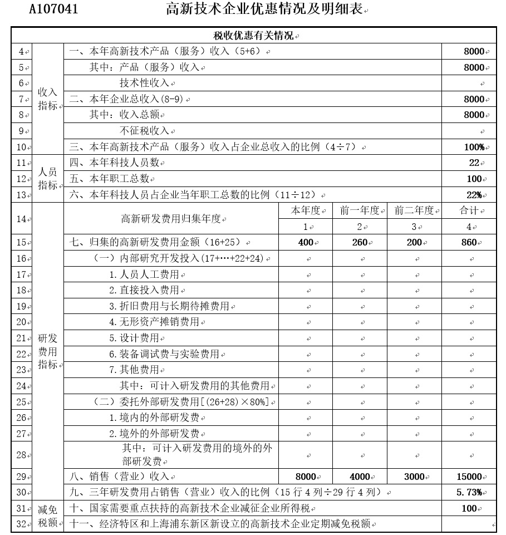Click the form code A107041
(x=53, y=9)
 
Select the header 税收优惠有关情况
(x=254, y=36)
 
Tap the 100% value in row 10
(x=473, y=147)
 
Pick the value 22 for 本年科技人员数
(x=474, y=163)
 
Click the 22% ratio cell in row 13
(x=474, y=195)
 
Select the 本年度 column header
(x=306, y=210)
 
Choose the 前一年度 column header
(x=360, y=210)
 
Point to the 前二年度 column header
(x=414, y=210)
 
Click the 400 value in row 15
(x=306, y=242)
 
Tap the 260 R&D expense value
(x=360, y=242)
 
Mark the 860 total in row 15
(x=469, y=242)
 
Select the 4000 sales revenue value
(x=360, y=477)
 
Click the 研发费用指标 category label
(x=47, y=351)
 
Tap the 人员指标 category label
(x=47, y=179)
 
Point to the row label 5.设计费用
(x=134, y=338)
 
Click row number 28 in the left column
(x=21, y=455)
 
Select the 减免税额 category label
(x=47, y=516)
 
